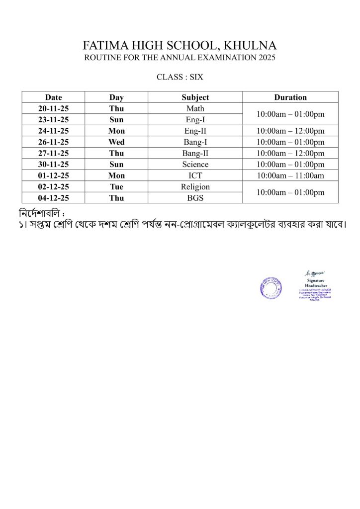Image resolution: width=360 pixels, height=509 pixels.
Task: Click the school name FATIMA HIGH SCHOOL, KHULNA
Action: (180, 46)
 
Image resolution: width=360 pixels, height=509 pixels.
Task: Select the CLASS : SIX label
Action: (180, 77)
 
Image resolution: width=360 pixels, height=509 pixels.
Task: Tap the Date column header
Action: (53, 97)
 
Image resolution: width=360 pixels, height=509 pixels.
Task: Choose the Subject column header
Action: (195, 97)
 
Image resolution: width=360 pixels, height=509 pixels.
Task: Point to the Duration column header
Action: (290, 97)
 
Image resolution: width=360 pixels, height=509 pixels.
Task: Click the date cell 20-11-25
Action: (53, 108)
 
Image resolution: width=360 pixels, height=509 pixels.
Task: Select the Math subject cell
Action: (195, 108)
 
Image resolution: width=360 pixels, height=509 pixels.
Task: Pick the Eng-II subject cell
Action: (195, 131)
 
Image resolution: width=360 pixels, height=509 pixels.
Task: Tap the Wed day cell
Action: (116, 142)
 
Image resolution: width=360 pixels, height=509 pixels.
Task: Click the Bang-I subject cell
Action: (195, 142)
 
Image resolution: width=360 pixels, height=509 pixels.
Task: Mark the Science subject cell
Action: (195, 165)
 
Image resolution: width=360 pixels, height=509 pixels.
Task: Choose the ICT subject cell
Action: (195, 175)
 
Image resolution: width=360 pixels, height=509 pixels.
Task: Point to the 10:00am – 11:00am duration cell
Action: (290, 175)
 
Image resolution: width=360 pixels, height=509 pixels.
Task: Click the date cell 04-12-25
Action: (53, 198)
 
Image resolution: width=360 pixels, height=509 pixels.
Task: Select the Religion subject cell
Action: (195, 187)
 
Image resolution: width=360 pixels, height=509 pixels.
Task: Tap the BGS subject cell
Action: (195, 198)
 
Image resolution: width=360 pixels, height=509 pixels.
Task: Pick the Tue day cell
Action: (116, 187)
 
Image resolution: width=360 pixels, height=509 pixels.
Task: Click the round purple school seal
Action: (270, 288)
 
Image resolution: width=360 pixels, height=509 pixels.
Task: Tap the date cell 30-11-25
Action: (53, 165)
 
